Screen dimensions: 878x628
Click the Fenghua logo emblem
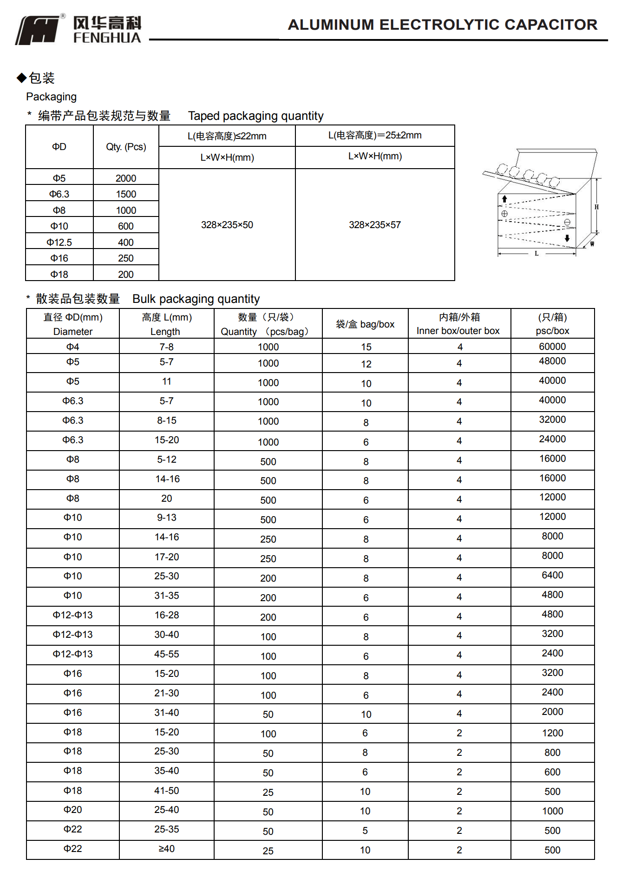[x=39, y=31]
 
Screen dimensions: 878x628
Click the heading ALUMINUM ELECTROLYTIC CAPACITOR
[x=442, y=25]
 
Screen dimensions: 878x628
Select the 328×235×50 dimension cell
[x=227, y=225]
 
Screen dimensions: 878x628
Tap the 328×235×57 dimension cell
[x=374, y=225]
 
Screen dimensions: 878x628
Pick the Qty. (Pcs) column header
[x=126, y=147]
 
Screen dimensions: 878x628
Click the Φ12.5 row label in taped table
[x=59, y=242]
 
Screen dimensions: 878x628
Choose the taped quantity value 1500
[x=126, y=194]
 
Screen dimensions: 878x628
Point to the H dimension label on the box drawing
[x=596, y=207]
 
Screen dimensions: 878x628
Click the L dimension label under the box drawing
[x=536, y=254]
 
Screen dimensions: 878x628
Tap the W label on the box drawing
[x=592, y=244]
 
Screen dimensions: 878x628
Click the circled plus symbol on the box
[x=504, y=214]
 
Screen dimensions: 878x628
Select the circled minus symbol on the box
[x=567, y=223]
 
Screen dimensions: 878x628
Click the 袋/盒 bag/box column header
[x=365, y=324]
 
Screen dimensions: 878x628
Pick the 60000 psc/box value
[x=552, y=347]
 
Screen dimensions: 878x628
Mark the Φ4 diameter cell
[x=72, y=347]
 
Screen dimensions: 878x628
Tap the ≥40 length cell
[x=166, y=849]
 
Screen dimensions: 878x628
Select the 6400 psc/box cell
[x=552, y=575]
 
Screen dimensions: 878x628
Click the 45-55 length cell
[x=166, y=654]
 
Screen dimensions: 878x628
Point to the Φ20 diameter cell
[x=72, y=810]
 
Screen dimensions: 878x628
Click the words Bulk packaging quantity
[x=196, y=299]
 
